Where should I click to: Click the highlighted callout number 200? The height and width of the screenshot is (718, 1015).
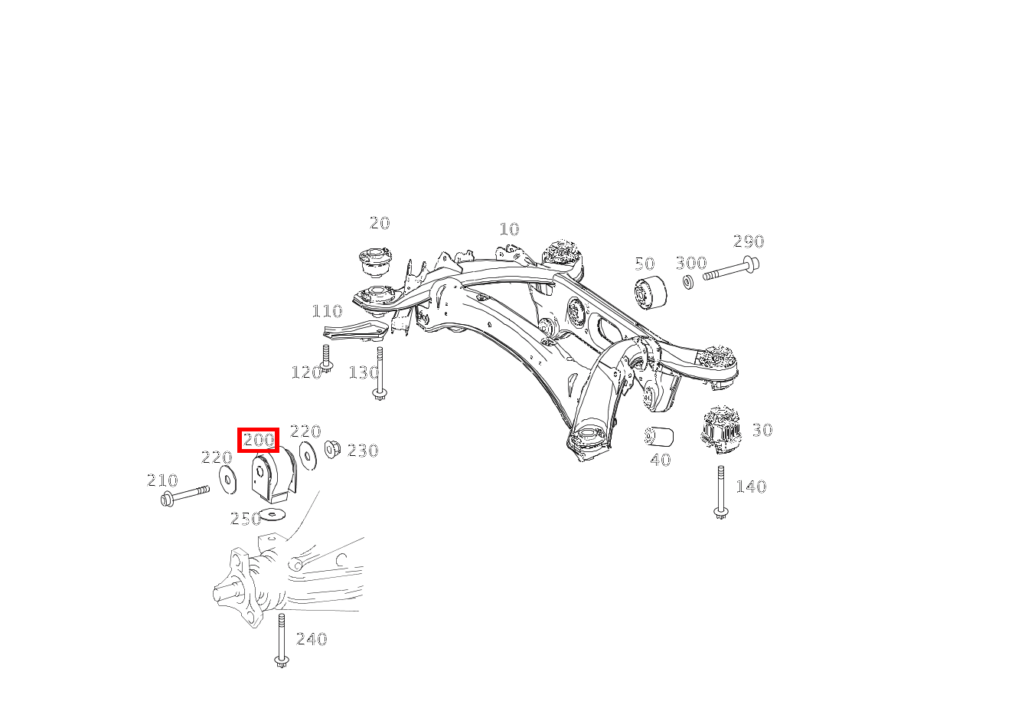(x=258, y=441)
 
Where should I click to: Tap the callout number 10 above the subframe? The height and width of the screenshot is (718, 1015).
(x=509, y=229)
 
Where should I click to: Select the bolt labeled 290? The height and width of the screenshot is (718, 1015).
(x=731, y=270)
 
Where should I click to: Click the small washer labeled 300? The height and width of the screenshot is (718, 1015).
(x=687, y=282)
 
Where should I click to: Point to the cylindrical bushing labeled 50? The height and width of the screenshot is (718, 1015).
(x=650, y=293)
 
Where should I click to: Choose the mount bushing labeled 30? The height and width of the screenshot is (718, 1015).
(x=721, y=430)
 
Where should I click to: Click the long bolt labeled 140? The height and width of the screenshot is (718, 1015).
(x=720, y=491)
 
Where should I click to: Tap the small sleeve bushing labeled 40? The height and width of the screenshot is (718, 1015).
(x=659, y=437)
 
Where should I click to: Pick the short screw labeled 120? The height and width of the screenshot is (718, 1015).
(x=326, y=358)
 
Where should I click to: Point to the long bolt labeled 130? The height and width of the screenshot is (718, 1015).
(x=379, y=372)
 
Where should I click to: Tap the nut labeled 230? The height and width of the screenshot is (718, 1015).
(x=332, y=448)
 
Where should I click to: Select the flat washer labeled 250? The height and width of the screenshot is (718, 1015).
(x=273, y=513)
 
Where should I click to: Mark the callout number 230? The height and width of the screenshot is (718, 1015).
(x=363, y=451)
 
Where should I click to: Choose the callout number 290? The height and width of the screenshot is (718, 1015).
(x=748, y=241)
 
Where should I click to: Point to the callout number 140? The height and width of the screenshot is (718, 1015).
(x=750, y=487)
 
